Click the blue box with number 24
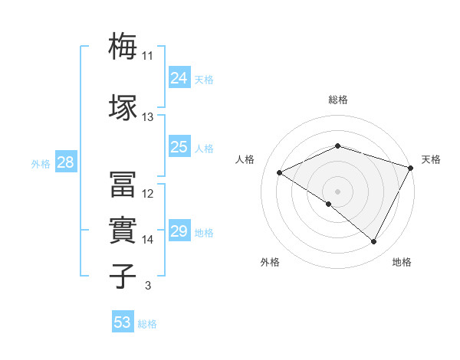[179, 78]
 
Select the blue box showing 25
[179, 147]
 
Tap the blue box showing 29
[179, 231]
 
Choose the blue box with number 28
[65, 162]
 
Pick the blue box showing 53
[123, 322]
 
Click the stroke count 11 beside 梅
[147, 56]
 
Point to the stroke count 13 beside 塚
[147, 117]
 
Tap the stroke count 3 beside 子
[147, 286]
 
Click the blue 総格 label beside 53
[147, 324]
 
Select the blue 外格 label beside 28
[41, 163]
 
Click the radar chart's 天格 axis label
[431, 159]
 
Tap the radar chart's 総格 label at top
[338, 100]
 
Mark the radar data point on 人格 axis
[280, 173]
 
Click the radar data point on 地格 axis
[374, 242]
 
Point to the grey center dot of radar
[337, 191]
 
